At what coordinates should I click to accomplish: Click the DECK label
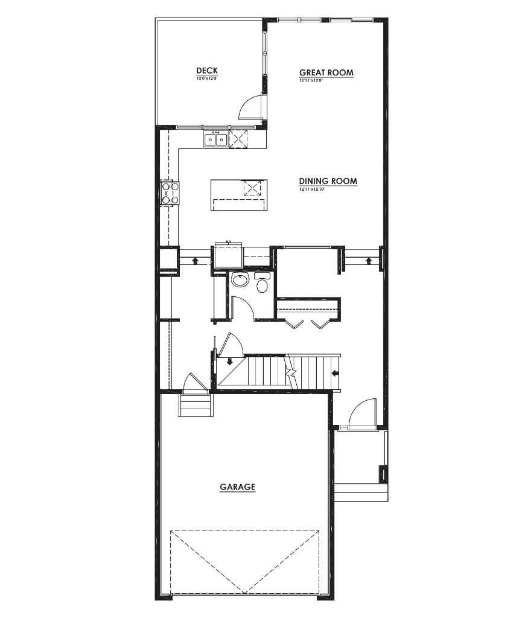(x=206, y=71)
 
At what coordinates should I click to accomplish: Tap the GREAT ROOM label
(x=326, y=72)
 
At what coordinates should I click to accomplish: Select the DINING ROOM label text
(x=328, y=181)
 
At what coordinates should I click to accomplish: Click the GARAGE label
(x=237, y=486)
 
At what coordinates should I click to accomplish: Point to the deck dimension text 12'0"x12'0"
(x=206, y=78)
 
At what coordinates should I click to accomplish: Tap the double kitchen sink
(x=216, y=139)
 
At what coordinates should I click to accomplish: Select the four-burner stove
(x=169, y=193)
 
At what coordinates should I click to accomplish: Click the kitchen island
(x=240, y=195)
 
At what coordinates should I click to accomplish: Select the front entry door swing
(x=362, y=413)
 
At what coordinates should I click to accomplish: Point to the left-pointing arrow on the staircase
(x=334, y=373)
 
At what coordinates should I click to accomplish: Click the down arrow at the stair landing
(x=230, y=362)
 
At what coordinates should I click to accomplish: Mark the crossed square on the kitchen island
(x=251, y=188)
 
